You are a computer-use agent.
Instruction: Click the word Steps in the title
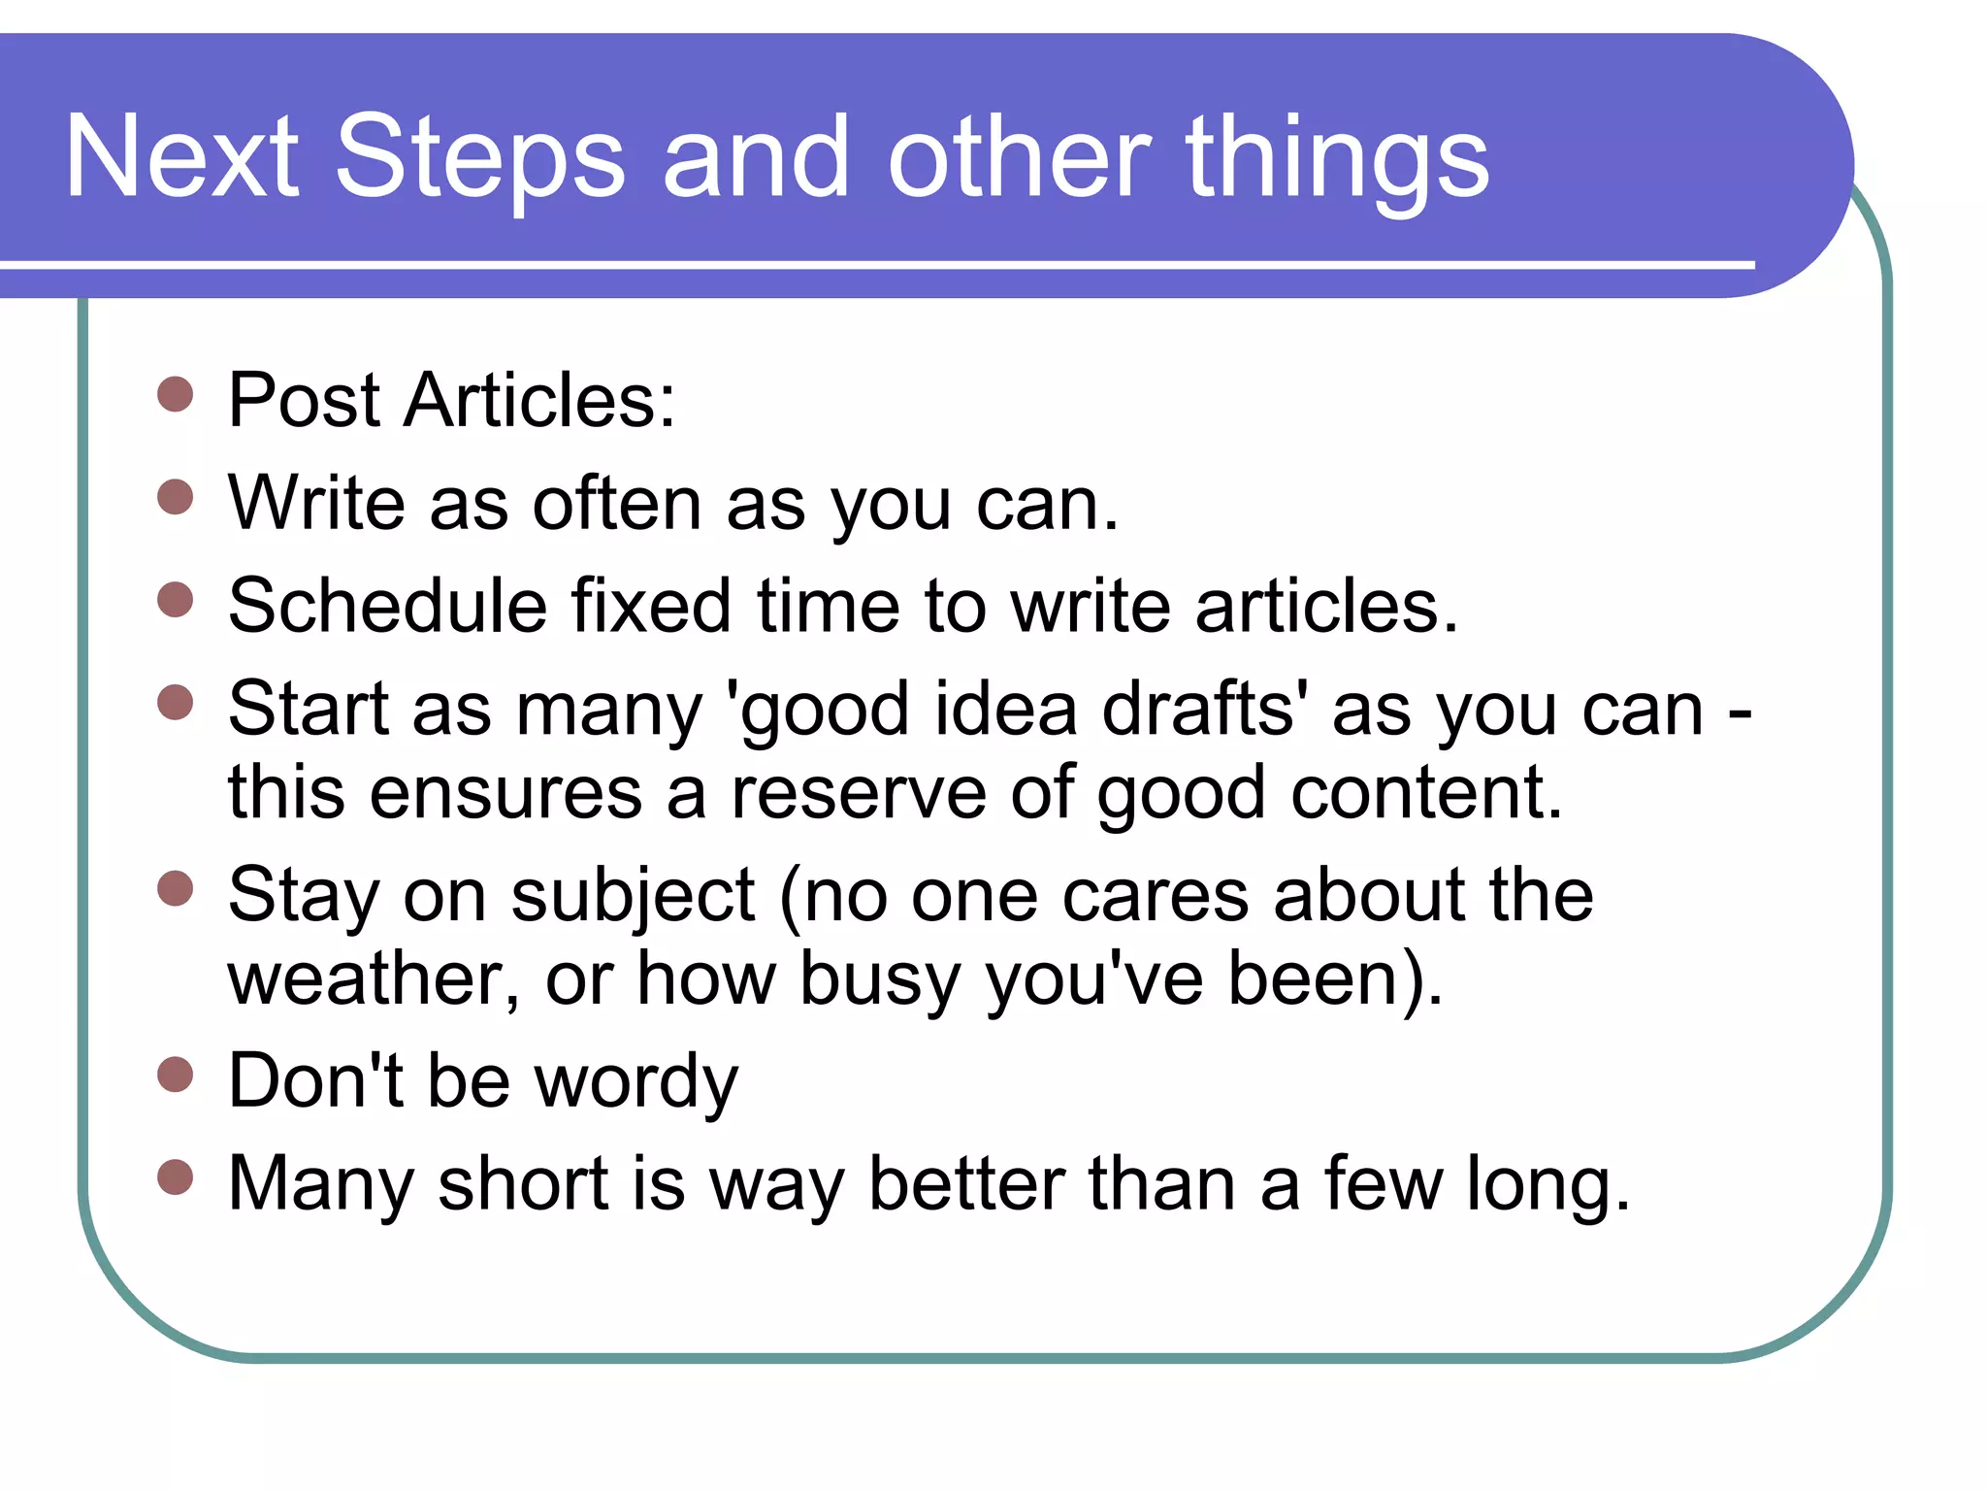point(479,158)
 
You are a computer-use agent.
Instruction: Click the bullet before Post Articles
point(176,395)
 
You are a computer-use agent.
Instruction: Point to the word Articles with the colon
point(539,400)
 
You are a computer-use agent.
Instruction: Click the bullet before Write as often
point(176,498)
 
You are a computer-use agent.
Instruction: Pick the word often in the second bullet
point(617,504)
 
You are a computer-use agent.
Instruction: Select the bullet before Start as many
point(176,702)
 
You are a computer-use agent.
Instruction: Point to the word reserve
point(859,793)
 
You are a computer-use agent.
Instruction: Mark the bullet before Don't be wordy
point(176,1075)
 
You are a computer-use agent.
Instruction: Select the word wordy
point(635,1081)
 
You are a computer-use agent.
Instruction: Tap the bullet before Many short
point(176,1177)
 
